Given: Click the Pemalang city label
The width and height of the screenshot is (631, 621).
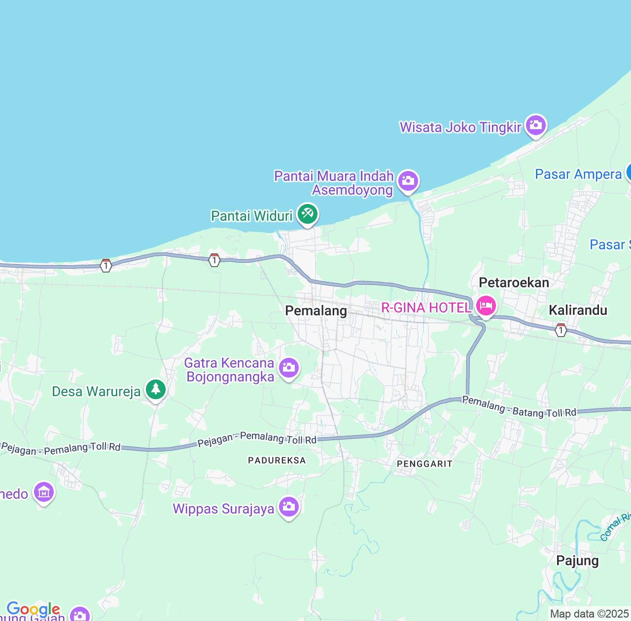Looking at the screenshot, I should pos(316,311).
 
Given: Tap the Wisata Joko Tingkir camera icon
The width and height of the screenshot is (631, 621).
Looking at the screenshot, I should pos(535,126).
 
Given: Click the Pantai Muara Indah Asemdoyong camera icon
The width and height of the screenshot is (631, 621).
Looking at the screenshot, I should pos(408,180).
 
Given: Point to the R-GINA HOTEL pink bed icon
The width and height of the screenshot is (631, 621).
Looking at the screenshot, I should pos(486,307).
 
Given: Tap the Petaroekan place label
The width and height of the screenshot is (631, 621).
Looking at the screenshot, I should pos(514,282).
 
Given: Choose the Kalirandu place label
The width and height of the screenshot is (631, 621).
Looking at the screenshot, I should pos(578,310).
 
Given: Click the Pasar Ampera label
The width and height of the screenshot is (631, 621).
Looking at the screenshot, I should pos(578,174).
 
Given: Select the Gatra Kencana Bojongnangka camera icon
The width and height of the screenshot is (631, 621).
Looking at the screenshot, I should pos(289,368).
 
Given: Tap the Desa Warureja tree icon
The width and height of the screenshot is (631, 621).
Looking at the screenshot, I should pos(156,389).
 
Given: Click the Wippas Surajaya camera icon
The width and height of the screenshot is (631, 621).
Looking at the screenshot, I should pos(288,507).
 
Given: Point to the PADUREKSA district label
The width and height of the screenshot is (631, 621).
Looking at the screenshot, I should pos(277,460).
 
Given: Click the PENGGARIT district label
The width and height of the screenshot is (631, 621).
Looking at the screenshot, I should pos(424,464).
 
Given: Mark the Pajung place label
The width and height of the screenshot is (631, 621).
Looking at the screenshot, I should pos(577,560).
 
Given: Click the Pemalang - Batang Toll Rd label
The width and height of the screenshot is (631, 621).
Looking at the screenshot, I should pos(519,408).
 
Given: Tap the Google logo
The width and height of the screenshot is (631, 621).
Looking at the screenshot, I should pos(33,610).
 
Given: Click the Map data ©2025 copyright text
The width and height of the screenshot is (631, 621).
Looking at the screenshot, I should pos(589,614).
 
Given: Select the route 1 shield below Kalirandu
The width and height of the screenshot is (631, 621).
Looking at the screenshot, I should pos(561,330).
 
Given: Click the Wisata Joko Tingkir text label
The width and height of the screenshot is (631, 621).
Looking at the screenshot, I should pos(460,127).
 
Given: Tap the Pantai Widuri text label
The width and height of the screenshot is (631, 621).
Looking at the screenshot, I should pos(251,216).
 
